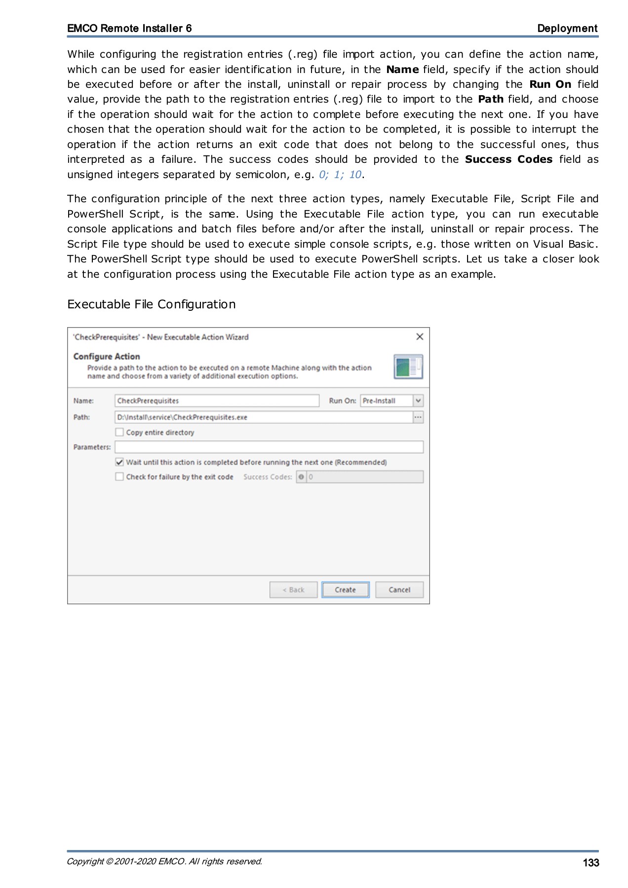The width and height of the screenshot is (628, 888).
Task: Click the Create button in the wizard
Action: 345,590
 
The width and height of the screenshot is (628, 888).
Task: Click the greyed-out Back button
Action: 293,590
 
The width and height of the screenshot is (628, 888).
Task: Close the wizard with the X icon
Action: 420,336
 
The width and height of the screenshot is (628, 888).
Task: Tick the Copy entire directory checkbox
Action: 119,432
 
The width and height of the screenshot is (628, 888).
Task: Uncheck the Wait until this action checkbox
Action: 119,462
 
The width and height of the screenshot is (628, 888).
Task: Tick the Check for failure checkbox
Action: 119,477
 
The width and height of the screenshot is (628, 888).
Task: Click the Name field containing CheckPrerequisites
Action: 217,401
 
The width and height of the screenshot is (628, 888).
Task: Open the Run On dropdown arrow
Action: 418,401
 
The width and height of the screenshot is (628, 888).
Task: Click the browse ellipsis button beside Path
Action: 418,417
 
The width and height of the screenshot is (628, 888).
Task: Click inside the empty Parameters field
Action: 269,447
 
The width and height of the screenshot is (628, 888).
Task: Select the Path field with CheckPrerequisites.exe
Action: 263,417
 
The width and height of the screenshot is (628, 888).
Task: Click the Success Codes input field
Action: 365,477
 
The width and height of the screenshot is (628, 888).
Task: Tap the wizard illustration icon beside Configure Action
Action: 408,367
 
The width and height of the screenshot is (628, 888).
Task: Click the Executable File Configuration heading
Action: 151,304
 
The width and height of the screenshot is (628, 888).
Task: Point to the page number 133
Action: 590,862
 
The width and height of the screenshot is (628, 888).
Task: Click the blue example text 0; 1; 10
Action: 340,175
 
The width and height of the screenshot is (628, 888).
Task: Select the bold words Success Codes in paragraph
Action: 509,159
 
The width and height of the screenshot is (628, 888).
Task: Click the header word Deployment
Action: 567,28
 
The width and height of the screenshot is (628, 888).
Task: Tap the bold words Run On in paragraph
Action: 550,84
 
